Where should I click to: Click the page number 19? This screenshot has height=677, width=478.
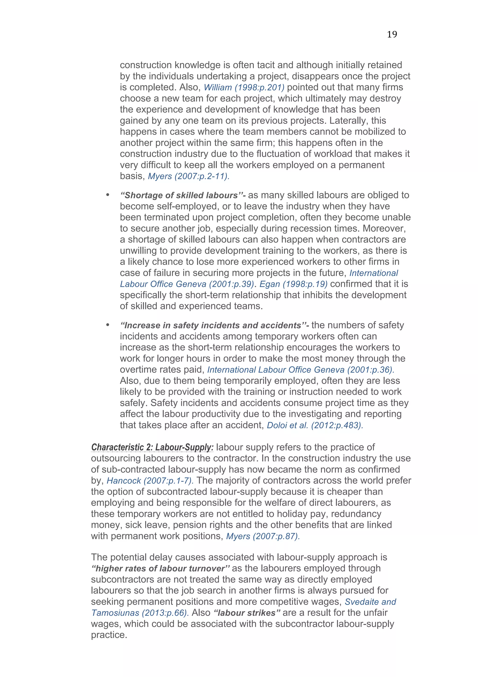[x=392, y=35]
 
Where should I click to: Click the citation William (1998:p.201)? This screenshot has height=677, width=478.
[x=244, y=87]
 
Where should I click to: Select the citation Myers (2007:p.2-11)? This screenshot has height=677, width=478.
[x=189, y=176]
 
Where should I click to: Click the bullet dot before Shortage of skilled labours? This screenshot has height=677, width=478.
[x=108, y=195]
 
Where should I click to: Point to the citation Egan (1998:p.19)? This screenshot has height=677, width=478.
[x=293, y=284]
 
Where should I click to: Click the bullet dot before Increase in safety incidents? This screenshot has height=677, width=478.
[x=108, y=325]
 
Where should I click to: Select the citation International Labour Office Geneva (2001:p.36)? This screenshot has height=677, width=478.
[x=300, y=370]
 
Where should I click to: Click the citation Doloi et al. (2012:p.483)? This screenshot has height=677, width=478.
[x=315, y=425]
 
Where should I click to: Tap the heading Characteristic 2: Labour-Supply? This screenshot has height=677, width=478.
[x=152, y=447]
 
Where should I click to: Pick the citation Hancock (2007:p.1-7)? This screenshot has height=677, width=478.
[x=150, y=481]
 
